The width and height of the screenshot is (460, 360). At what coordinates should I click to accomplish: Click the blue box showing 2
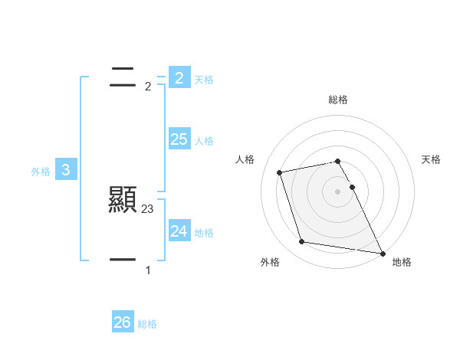point(179,77)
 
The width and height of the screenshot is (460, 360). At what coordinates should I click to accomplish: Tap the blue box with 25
point(179,139)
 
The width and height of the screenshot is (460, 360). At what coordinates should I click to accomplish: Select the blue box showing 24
point(179,231)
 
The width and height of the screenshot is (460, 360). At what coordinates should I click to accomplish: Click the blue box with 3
point(66,170)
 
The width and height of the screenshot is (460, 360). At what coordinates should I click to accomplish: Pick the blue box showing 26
point(122,322)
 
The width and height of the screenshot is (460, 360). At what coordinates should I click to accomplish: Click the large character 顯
point(123,200)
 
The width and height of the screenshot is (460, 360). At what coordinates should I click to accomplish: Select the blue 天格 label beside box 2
point(204,80)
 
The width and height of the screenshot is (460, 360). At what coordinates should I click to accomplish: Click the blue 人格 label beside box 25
point(204,141)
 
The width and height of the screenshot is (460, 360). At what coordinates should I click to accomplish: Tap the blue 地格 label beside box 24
point(204,233)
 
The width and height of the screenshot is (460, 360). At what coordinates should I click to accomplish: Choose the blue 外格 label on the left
point(41,172)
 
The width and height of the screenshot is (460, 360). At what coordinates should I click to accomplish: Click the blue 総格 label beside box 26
point(147,325)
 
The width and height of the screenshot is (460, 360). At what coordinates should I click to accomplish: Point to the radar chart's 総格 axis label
point(338,100)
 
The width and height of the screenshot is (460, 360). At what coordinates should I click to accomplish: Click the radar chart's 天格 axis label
point(432,159)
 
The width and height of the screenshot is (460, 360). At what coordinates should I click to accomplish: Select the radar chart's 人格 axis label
point(245,159)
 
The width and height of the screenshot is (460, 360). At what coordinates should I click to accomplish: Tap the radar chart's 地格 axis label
point(402,262)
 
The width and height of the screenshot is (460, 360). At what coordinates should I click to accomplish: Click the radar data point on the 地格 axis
point(382,252)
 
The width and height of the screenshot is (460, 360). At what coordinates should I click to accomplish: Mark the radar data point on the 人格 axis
point(280,172)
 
